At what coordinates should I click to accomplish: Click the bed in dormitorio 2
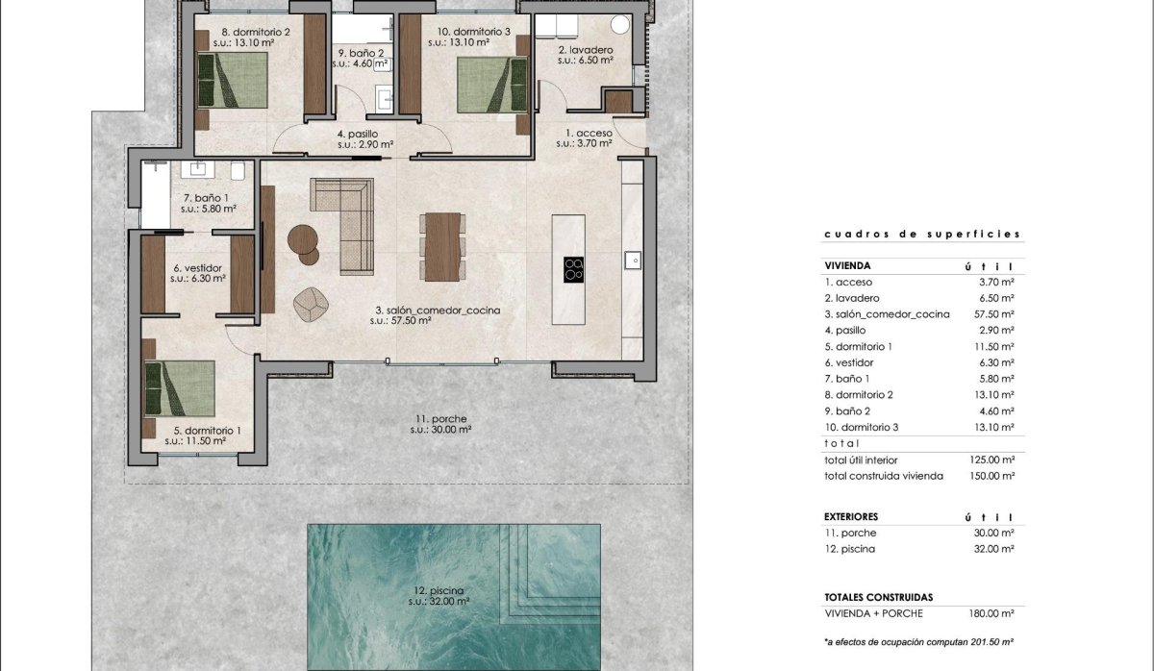click(x=233, y=81)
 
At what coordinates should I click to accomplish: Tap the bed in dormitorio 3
click(x=491, y=84)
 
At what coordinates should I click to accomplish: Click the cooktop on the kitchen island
click(x=574, y=270)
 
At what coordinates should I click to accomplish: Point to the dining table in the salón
click(x=441, y=246)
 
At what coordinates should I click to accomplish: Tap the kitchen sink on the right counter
click(x=633, y=260)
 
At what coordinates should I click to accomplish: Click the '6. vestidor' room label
click(x=197, y=268)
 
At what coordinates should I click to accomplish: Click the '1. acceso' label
click(x=582, y=133)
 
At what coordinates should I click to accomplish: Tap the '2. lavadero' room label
click(x=586, y=49)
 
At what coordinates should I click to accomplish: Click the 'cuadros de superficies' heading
click(x=921, y=235)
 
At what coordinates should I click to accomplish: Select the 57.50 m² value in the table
click(x=993, y=314)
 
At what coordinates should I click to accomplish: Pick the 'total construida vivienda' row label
click(x=884, y=476)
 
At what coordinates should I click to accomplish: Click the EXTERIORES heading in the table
click(x=851, y=516)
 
